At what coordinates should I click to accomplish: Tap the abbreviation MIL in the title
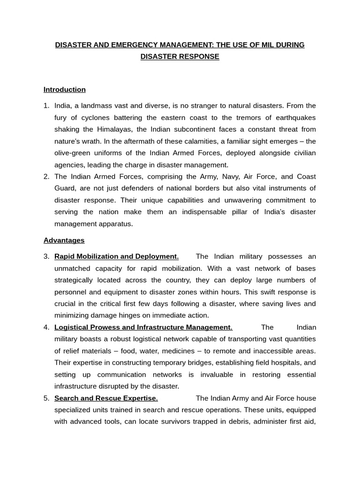click(x=263, y=45)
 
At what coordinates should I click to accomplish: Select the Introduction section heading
click(x=65, y=90)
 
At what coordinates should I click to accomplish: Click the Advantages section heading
click(x=64, y=240)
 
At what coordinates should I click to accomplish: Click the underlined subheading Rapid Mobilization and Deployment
click(x=116, y=256)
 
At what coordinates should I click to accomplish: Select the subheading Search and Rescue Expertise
click(x=106, y=398)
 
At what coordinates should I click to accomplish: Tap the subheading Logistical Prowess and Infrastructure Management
click(x=143, y=327)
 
